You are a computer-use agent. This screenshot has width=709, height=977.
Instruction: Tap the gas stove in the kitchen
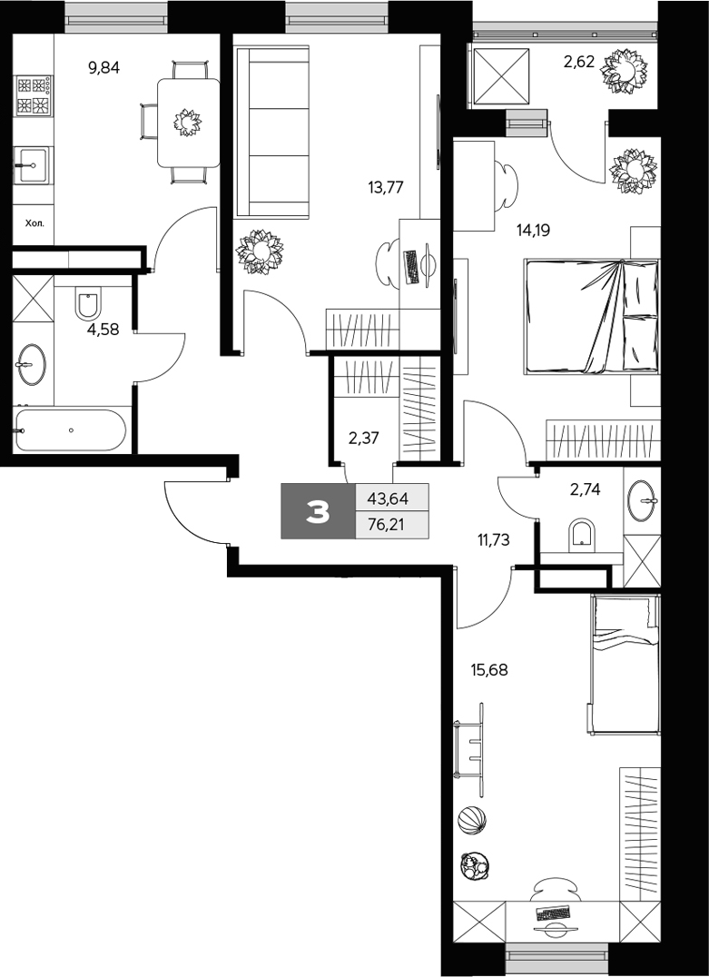point(33,96)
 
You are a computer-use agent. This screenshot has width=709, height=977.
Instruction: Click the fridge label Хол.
point(33,222)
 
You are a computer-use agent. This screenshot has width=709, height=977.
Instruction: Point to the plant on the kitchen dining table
point(188,122)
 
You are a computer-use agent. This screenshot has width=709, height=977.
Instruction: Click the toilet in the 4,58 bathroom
point(89,306)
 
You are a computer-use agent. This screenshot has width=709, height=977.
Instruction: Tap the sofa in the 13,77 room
point(272,133)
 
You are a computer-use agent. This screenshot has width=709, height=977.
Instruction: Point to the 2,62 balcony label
point(579,63)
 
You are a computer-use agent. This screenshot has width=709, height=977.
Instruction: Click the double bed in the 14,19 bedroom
point(590,316)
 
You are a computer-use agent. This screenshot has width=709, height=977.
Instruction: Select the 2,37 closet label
point(363,438)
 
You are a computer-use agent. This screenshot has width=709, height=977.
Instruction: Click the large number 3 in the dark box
point(318,512)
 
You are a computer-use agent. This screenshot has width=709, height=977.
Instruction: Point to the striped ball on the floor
point(471,821)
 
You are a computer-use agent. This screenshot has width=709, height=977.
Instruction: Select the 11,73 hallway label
point(493,538)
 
